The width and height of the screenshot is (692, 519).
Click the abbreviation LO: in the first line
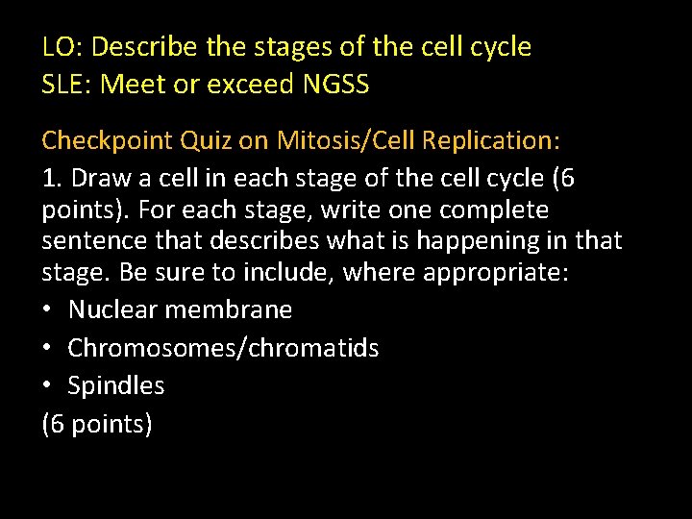tap(62, 46)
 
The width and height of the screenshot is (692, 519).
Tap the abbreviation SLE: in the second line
tap(67, 85)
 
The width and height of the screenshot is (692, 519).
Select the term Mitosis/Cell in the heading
tap(345, 141)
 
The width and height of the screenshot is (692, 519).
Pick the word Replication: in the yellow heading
tap(490, 141)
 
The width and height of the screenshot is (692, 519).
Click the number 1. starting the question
tap(53, 179)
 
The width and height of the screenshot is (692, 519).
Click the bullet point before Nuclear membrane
tap(48, 309)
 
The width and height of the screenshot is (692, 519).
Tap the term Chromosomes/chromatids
tap(223, 348)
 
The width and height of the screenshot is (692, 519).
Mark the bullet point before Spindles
tap(48, 386)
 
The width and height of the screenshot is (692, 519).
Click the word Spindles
tap(115, 386)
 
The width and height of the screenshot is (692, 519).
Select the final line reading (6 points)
tap(97, 424)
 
